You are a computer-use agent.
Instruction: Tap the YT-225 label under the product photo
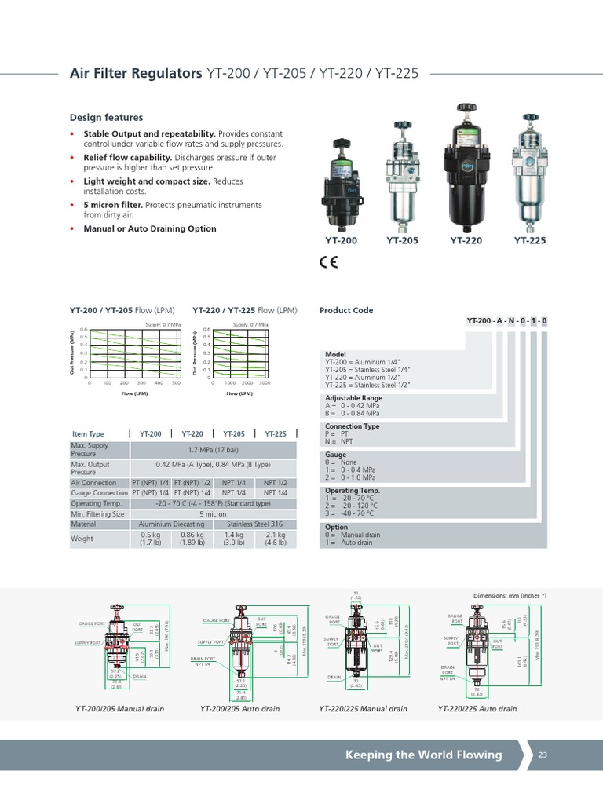tap(530, 241)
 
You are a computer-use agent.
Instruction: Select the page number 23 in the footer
tap(543, 755)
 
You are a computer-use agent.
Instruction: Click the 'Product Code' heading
tap(346, 310)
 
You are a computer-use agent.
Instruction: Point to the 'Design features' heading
tap(107, 118)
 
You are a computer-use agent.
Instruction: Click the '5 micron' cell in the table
tap(213, 514)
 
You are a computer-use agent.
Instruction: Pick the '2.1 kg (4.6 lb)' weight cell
tap(276, 539)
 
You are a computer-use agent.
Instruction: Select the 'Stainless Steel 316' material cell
tap(254, 524)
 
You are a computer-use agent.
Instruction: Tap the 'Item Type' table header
tap(88, 433)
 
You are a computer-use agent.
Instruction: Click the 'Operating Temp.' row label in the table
tap(97, 503)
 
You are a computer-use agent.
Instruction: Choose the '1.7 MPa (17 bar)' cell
tap(213, 450)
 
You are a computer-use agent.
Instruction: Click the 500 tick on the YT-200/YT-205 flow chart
tap(176, 383)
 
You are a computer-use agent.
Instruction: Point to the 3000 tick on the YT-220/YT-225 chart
tap(265, 383)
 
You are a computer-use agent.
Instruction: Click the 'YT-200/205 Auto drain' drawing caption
tap(240, 709)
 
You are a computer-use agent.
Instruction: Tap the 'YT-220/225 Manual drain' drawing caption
tap(363, 709)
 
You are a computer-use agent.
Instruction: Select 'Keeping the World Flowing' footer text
tap(423, 755)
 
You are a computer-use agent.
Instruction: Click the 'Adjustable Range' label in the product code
tap(354, 398)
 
